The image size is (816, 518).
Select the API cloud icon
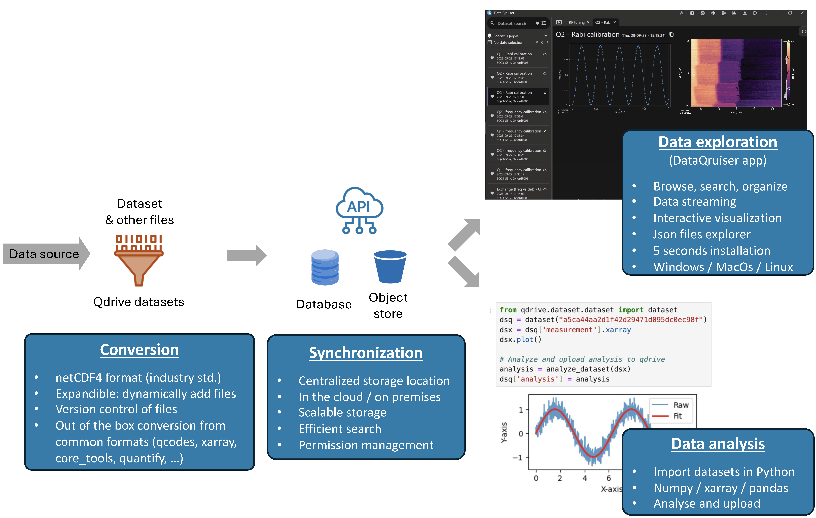(359, 210)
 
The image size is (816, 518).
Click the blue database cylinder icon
(325, 267)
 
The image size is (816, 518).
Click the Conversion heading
(139, 350)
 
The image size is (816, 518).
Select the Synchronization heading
(366, 353)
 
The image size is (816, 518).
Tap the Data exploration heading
(717, 142)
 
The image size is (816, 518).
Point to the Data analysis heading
(718, 444)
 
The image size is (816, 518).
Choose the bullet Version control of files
(116, 409)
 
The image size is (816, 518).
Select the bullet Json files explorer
(701, 234)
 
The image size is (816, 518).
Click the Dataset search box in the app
(512, 23)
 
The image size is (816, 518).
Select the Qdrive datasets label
(139, 302)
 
